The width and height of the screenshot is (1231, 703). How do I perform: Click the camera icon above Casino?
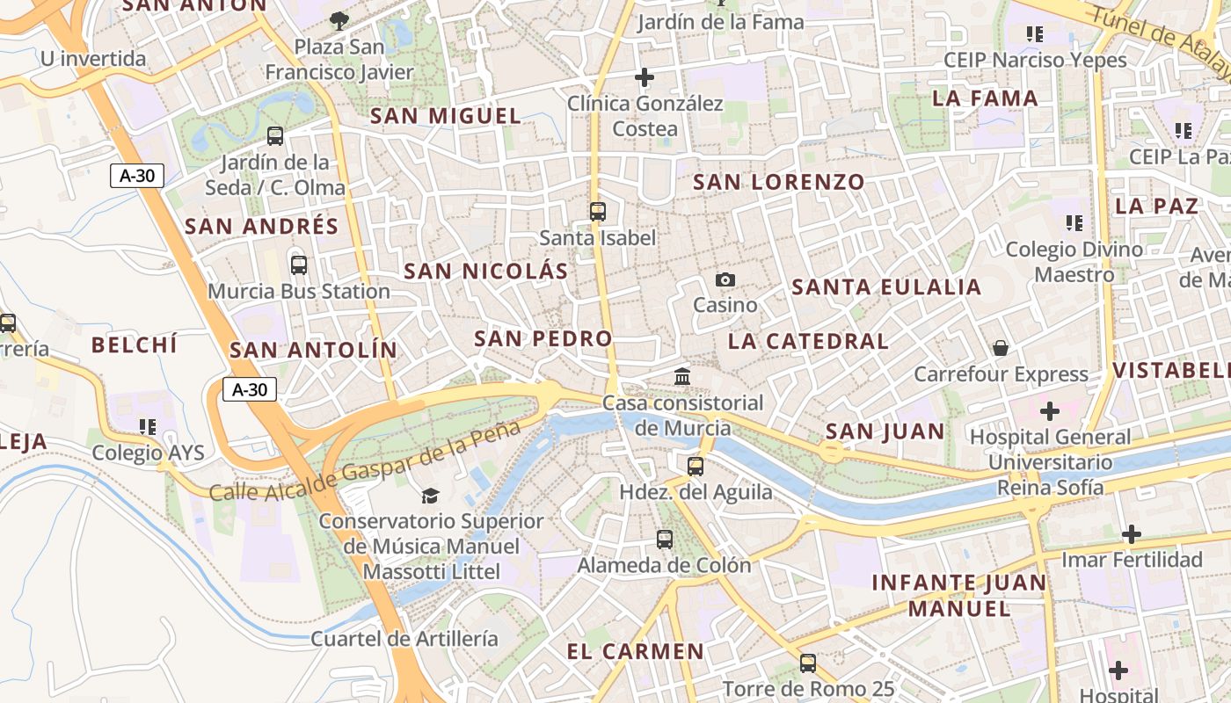(725, 279)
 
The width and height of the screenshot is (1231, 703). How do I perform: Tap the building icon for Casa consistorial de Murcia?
(682, 377)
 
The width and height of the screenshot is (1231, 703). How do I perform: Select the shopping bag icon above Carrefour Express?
(1001, 348)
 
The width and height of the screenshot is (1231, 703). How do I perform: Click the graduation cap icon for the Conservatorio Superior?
(430, 496)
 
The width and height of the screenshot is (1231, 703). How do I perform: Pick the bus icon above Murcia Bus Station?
(299, 265)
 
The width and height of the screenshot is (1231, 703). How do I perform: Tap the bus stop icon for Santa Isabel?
(598, 211)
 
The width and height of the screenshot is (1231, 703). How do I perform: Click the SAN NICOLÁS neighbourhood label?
(486, 272)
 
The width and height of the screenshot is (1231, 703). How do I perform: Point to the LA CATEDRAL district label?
(808, 341)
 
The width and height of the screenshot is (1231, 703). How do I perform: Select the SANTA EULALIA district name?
(886, 287)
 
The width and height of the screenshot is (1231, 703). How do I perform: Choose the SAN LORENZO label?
(779, 183)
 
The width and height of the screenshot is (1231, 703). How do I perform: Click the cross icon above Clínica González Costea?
(645, 77)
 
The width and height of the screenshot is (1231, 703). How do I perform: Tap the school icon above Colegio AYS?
(148, 427)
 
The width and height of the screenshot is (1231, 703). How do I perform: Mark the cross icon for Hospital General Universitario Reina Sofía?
(1050, 410)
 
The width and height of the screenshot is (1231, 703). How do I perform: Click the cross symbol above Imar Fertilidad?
(1132, 533)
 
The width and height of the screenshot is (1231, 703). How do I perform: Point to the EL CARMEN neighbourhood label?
(636, 652)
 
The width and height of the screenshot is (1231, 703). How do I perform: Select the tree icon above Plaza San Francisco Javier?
(339, 20)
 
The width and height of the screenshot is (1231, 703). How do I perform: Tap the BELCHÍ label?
(135, 344)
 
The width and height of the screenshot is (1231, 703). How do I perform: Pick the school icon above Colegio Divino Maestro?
(1074, 223)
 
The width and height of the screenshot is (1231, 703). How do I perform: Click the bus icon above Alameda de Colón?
(665, 539)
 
